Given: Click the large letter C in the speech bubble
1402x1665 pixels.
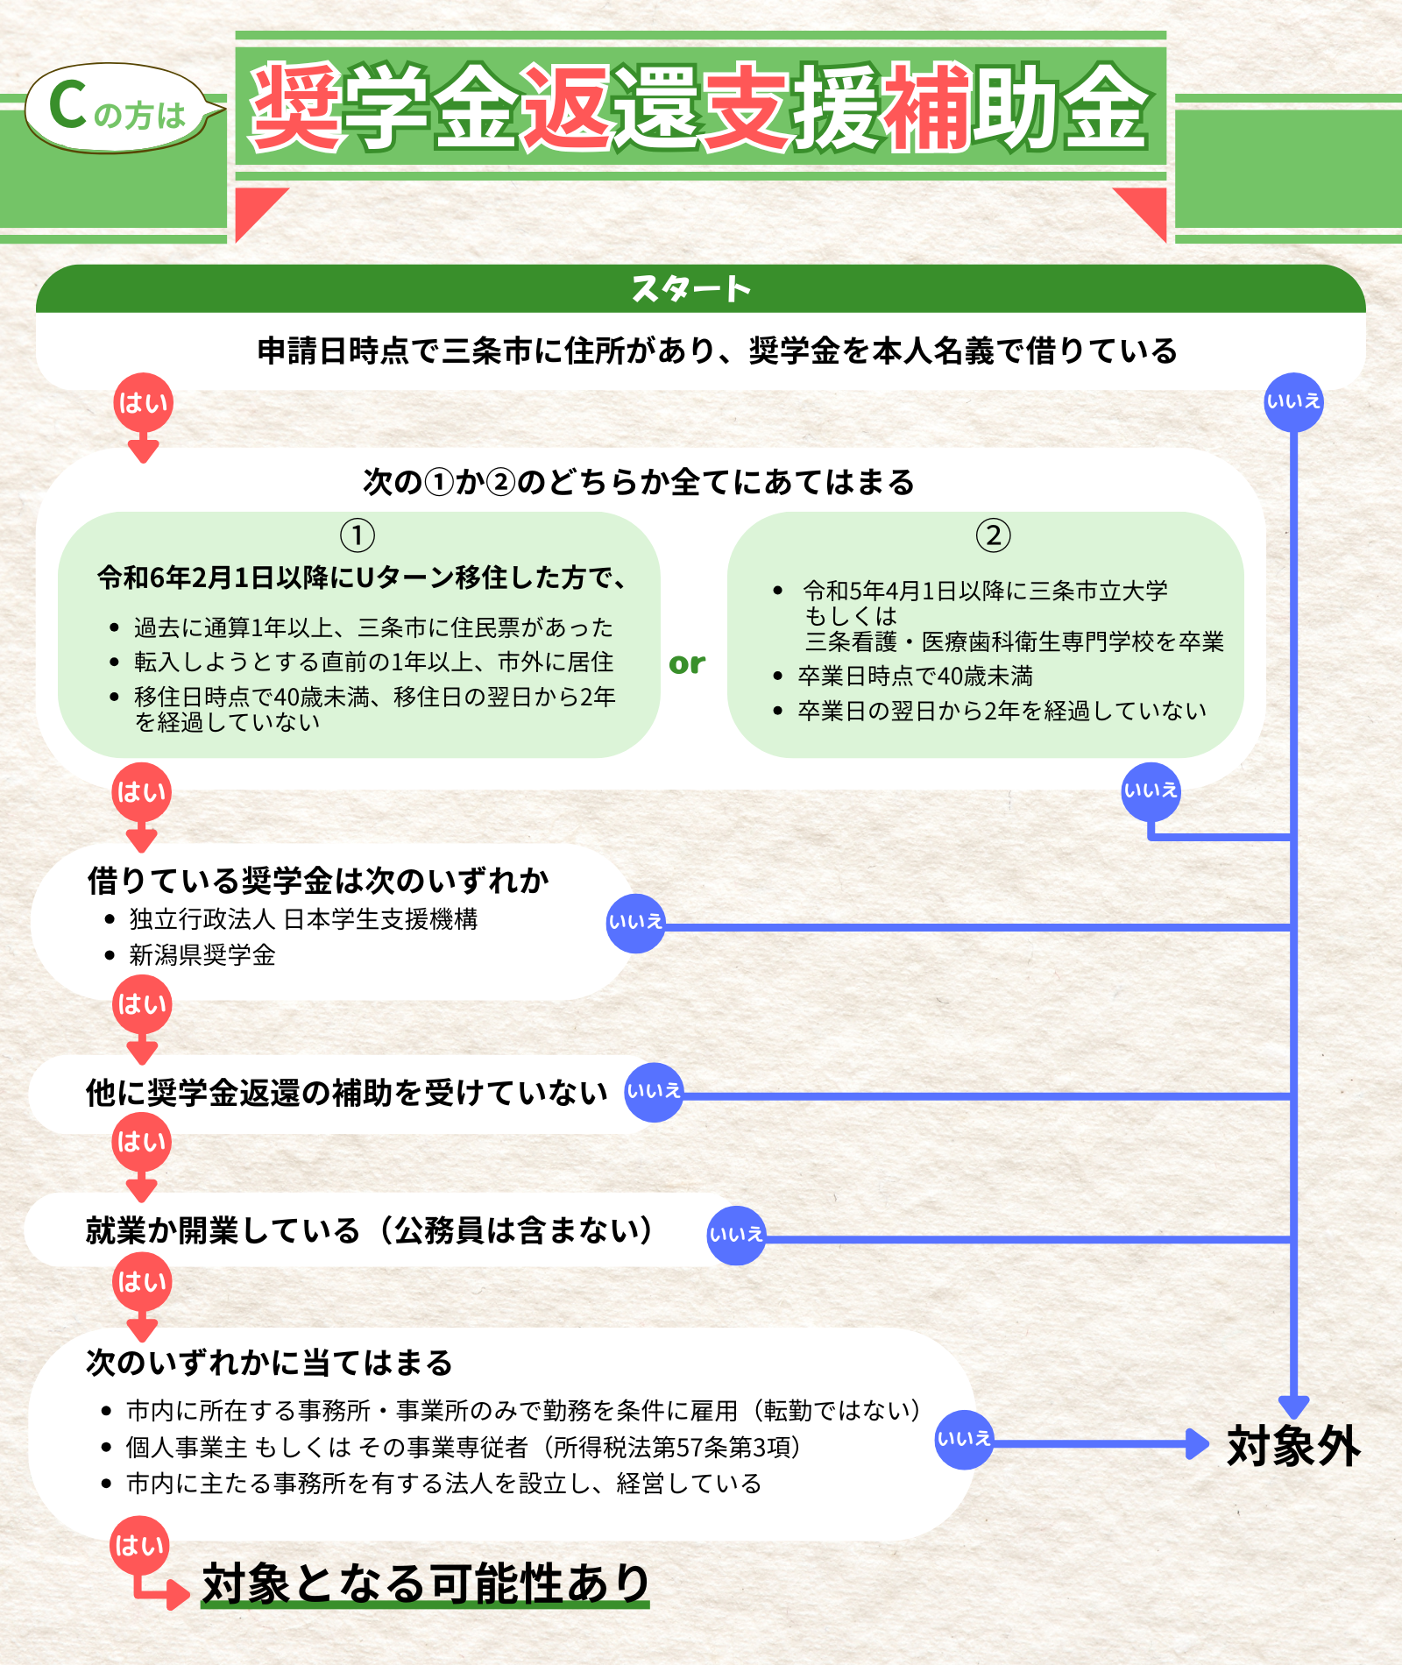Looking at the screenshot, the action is pyautogui.click(x=67, y=105).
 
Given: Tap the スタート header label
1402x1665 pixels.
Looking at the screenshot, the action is pyautogui.click(x=691, y=288).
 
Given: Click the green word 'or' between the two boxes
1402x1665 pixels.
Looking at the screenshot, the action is pyautogui.click(x=687, y=663).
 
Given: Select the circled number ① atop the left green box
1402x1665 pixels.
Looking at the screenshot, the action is pyautogui.click(x=358, y=535).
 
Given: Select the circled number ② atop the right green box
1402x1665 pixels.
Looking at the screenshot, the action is pyautogui.click(x=993, y=535).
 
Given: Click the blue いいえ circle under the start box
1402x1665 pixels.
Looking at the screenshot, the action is pyautogui.click(x=1293, y=402).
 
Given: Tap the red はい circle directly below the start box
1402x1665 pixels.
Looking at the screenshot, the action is pyautogui.click(x=143, y=403).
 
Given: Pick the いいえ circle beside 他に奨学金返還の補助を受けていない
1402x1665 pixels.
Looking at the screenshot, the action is pyautogui.click(x=654, y=1092).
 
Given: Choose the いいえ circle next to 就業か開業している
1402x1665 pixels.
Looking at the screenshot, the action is pyautogui.click(x=736, y=1236).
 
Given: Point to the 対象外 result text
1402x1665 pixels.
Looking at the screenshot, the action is pyautogui.click(x=1293, y=1446).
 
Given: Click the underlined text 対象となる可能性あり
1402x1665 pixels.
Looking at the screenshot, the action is pyautogui.click(x=426, y=1584).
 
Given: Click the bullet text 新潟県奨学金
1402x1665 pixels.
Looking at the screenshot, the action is pyautogui.click(x=202, y=955).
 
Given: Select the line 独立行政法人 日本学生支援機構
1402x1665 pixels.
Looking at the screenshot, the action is pyautogui.click(x=303, y=919).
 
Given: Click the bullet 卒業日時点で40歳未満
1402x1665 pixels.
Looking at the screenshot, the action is pyautogui.click(x=916, y=677).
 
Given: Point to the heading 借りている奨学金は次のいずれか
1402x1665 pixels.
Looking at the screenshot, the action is pyautogui.click(x=318, y=880).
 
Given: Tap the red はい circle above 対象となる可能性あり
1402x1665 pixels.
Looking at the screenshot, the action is pyautogui.click(x=139, y=1546).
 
